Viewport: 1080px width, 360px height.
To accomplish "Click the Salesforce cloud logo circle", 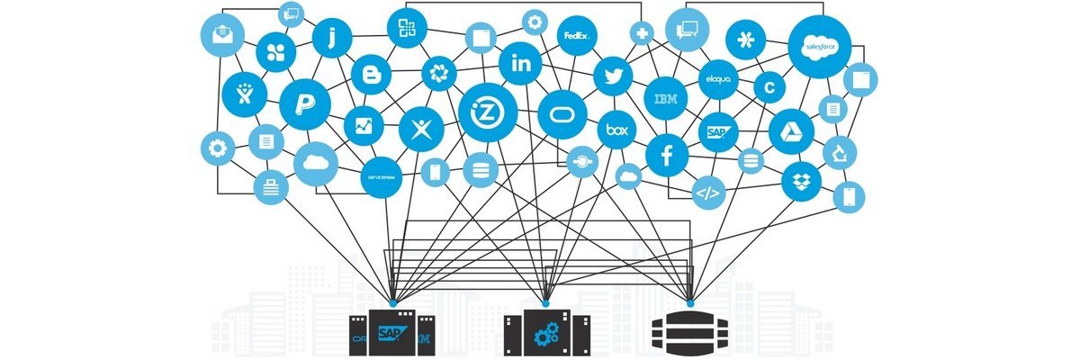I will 819,44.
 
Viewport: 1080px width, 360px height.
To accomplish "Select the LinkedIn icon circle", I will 521,63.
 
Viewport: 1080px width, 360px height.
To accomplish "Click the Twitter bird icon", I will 614,76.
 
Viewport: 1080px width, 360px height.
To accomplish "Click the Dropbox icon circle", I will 800,181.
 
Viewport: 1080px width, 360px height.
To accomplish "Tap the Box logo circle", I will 616,130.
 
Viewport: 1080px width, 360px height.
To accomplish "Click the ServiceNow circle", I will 382,177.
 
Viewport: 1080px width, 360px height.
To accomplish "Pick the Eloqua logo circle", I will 718,79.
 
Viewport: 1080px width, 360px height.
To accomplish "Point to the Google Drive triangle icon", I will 791,130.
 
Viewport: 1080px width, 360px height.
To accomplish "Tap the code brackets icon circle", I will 707,193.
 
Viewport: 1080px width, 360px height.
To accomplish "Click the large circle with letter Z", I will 486,112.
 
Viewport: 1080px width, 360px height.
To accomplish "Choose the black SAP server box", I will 392,334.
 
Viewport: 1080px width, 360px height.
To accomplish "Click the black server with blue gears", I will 546,334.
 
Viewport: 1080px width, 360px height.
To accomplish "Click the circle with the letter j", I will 331,38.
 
